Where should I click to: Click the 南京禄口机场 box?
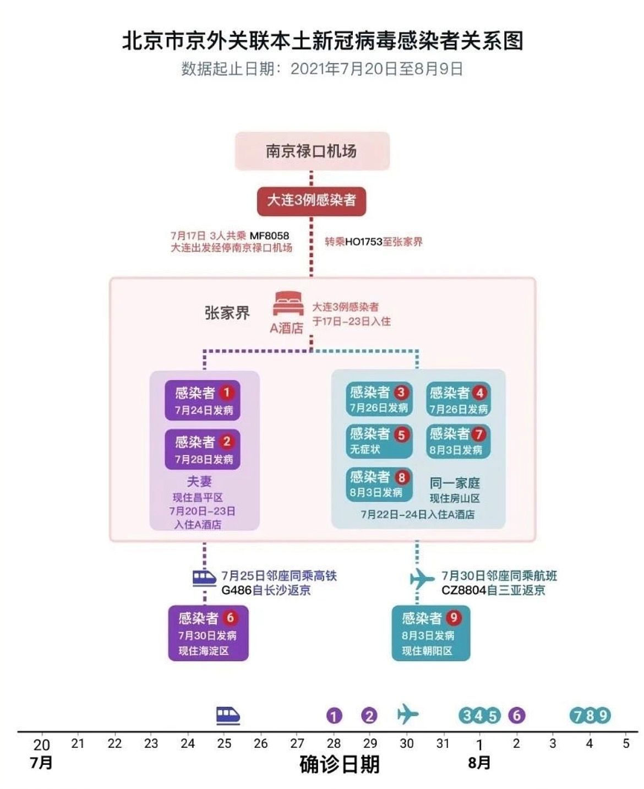(312, 151)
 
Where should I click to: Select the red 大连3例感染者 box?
(312, 200)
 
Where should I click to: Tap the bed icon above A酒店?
(288, 303)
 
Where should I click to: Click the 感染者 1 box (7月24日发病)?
(203, 400)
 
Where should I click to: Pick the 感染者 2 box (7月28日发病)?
(203, 449)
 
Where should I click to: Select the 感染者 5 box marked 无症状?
(379, 441)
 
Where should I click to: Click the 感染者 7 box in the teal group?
(458, 441)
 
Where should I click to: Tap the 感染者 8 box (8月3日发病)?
(379, 483)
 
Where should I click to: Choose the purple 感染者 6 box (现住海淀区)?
(208, 633)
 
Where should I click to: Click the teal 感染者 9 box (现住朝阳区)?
(430, 633)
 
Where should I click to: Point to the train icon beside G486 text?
(204, 578)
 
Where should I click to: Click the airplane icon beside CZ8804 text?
(422, 579)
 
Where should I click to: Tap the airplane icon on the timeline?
(407, 714)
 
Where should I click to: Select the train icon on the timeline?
(228, 715)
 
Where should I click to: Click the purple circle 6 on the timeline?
(516, 715)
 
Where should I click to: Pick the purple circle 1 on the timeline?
(334, 715)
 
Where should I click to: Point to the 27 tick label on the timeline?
(297, 743)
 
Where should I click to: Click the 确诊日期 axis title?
(340, 764)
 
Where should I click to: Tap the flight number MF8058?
(269, 236)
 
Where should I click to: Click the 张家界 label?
(227, 313)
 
